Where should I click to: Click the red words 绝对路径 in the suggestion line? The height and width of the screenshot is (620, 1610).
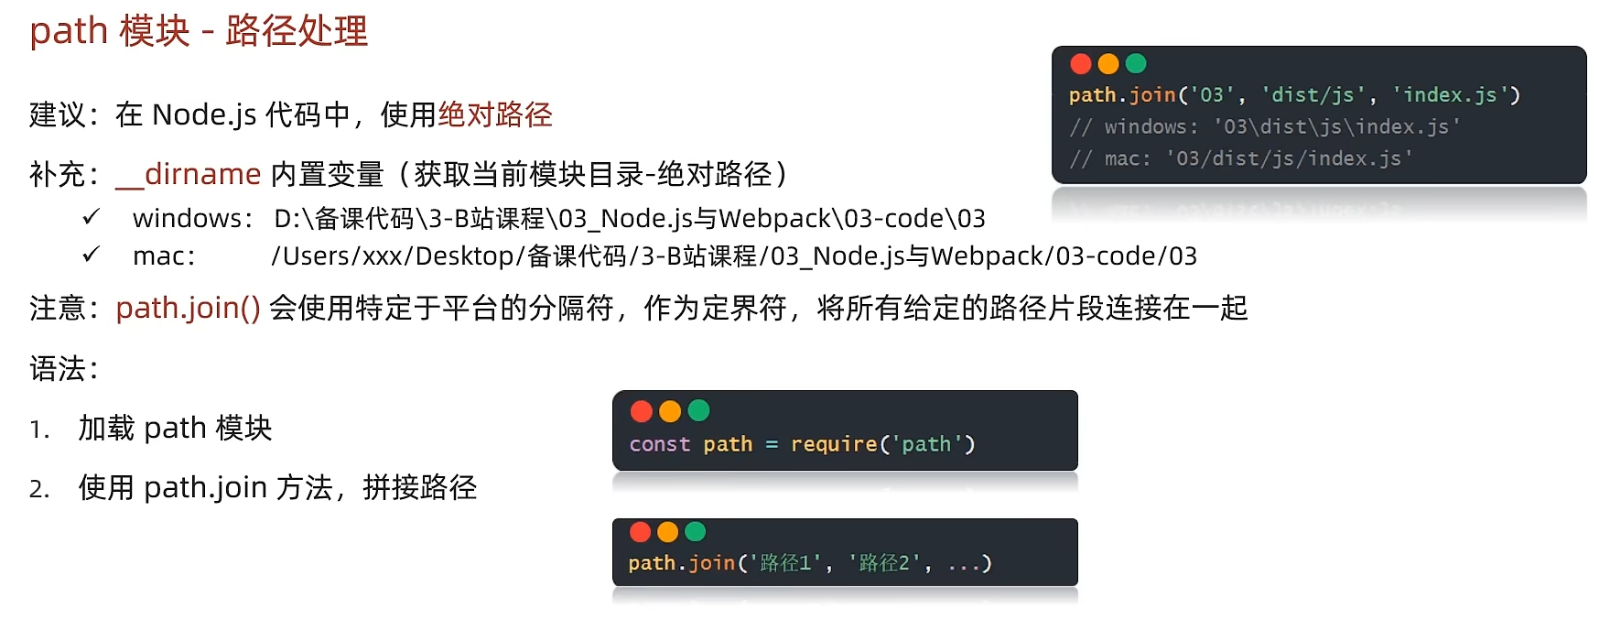(495, 114)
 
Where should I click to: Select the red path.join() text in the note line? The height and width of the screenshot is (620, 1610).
(188, 308)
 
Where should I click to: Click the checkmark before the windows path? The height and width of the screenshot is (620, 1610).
(91, 217)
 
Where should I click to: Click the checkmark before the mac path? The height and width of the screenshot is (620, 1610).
(91, 255)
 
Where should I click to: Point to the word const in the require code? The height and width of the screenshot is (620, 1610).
(659, 444)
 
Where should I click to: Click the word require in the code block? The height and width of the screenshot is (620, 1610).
(833, 444)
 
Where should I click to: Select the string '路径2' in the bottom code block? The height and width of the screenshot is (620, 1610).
(883, 563)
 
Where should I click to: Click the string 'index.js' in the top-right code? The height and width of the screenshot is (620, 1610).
(1450, 95)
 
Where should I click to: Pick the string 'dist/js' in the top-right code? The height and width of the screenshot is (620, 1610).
(1313, 95)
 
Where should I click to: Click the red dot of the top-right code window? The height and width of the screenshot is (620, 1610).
(1080, 63)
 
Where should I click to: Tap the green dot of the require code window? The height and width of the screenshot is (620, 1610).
(698, 411)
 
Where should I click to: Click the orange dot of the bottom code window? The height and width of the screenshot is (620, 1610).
(668, 532)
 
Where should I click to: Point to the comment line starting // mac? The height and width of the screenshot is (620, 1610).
(1240, 159)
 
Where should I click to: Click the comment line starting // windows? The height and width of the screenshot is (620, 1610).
(1263, 127)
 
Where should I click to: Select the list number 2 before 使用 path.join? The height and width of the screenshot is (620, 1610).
(38, 489)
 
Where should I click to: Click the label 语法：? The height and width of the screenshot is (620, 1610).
(63, 368)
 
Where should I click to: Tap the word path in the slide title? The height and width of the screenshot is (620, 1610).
(69, 31)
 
